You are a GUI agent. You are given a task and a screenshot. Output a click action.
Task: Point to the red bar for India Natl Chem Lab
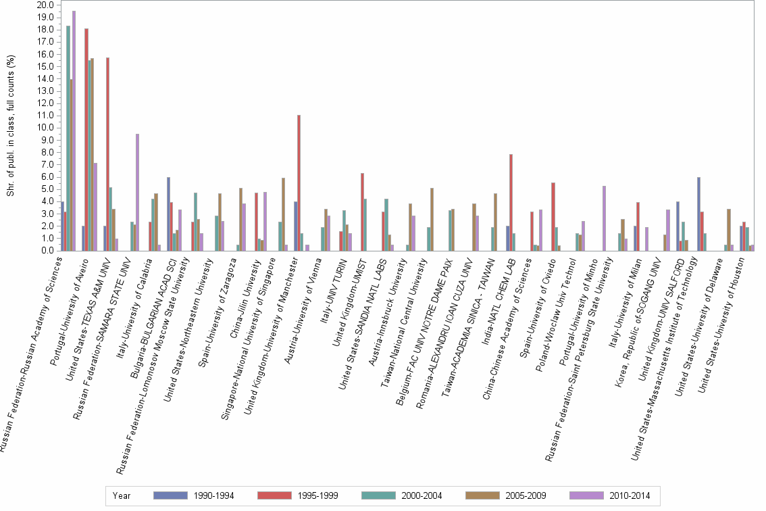pos(511,202)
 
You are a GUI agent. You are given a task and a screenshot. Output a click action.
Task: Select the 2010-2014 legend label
pos(630,495)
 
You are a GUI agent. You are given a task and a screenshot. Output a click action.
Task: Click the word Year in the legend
pos(122,495)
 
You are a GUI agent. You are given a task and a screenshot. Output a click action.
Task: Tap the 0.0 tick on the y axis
pos(47,251)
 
